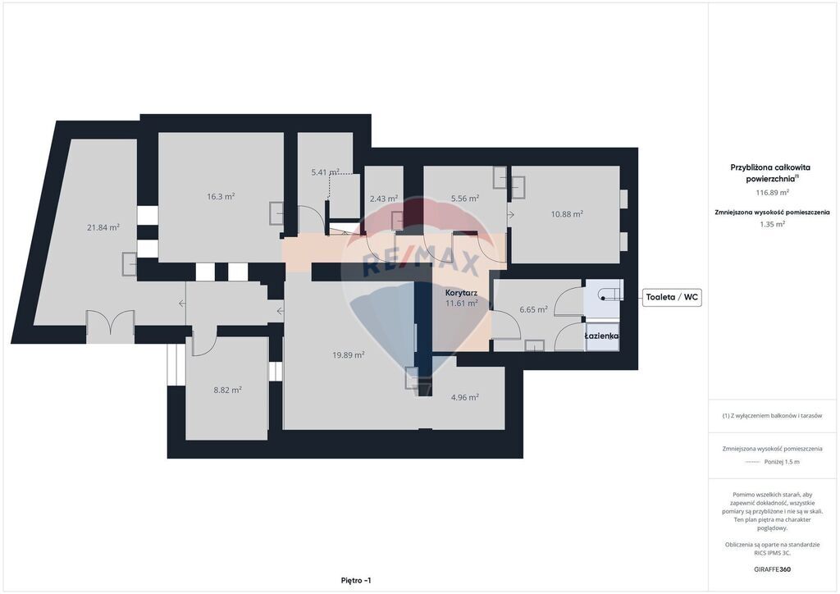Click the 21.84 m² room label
103,227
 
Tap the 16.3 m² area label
221,197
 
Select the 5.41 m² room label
325,172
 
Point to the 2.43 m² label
384,199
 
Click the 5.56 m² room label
465,199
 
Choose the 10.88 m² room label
567,214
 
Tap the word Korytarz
461,294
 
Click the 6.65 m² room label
533,309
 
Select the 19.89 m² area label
348,355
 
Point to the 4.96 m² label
465,397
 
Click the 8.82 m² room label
228,391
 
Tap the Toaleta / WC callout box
672,297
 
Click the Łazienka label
601,336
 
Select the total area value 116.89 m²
772,192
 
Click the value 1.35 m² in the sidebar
772,225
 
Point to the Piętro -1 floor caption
356,581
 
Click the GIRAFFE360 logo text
772,569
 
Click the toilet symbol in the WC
610,293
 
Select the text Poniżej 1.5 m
782,462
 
